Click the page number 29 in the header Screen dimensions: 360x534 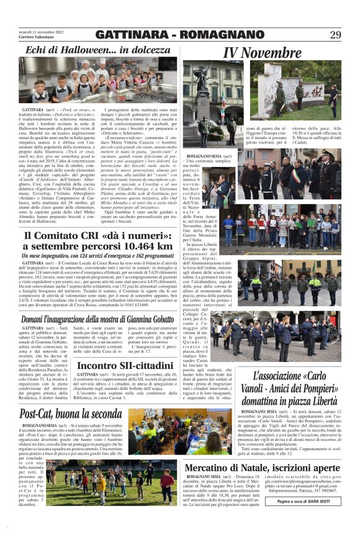pos(336,35)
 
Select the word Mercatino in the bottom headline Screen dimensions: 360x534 pos(217,468)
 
